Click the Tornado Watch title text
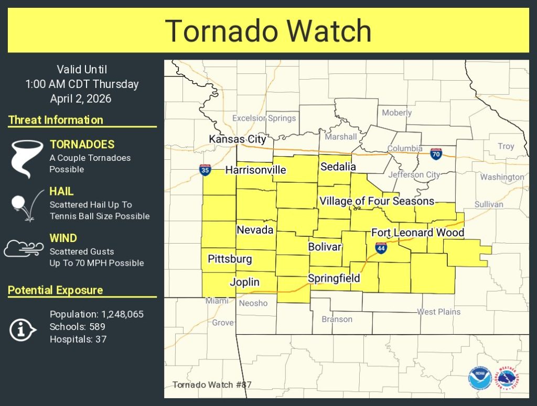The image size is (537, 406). pos(268,30)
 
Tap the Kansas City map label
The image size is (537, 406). pos(238,139)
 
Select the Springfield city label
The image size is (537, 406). pos(334,278)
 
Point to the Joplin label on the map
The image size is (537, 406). pos(244,282)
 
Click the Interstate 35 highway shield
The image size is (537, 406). pos(205,170)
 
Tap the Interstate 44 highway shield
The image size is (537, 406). pos(381,248)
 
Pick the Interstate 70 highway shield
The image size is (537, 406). pos(436,153)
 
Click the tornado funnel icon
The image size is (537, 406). pos(26,157)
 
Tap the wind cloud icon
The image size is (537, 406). pos(24,248)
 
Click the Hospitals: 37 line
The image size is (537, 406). pos(78,339)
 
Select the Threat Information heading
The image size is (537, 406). pos(56,120)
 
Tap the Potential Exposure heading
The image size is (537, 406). pos(56,290)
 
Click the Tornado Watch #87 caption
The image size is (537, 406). pos(212,385)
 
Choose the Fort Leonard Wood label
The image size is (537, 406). pos(417,233)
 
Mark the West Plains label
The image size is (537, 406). pos(438,312)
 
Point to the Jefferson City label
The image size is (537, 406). pos(414,174)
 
